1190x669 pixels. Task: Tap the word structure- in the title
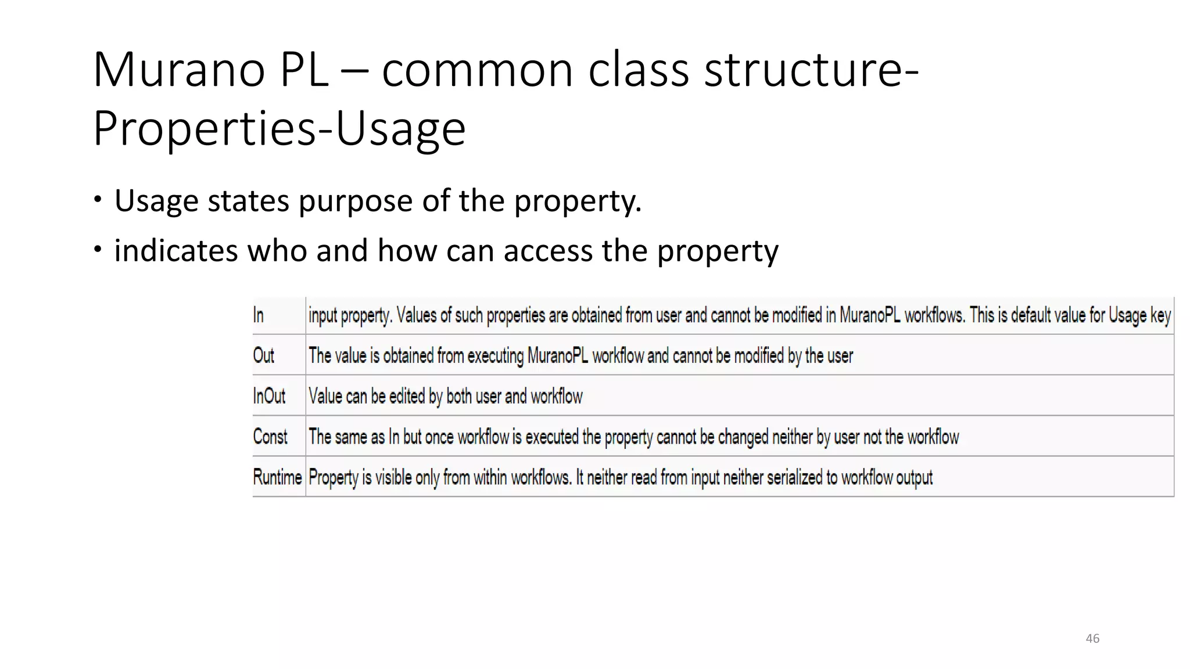pos(811,70)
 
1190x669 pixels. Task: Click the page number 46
pos(1092,638)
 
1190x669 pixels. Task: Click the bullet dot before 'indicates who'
pos(98,250)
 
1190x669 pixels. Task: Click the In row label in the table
pos(259,315)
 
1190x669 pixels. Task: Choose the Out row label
pos(263,355)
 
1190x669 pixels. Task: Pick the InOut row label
pos(269,396)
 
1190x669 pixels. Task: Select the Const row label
pos(270,436)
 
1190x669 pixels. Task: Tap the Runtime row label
pos(277,477)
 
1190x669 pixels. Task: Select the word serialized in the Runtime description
pos(794,477)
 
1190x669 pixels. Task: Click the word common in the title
pos(478,70)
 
